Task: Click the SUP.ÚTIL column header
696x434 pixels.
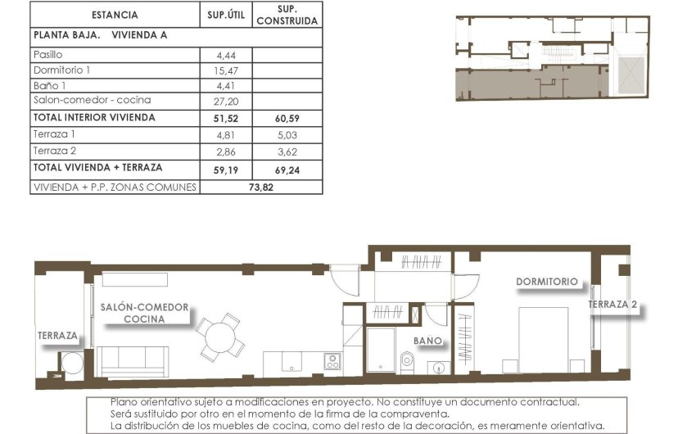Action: (x=224, y=15)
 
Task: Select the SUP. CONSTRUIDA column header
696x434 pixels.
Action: (x=287, y=15)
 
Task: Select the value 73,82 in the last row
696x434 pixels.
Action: (x=260, y=187)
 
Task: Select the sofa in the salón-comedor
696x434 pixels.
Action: (x=133, y=360)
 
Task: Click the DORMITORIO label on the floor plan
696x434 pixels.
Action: (x=546, y=282)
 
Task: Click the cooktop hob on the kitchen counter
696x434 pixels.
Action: (x=332, y=361)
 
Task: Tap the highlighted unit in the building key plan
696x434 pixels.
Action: (x=524, y=83)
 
